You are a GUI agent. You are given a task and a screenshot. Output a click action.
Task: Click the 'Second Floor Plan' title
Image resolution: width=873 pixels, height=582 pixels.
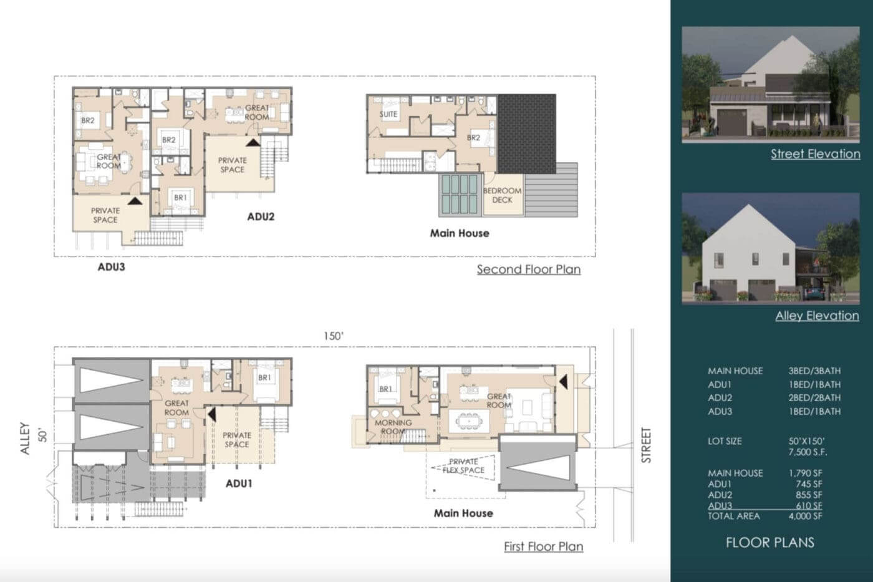click(x=529, y=269)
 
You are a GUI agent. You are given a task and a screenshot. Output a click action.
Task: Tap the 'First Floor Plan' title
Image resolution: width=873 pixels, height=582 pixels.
click(x=544, y=546)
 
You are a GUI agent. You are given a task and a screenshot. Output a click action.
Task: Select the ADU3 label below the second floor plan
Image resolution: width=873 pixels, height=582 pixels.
click(x=111, y=267)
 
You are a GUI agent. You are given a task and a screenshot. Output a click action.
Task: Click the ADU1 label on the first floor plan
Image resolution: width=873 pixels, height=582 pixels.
click(x=239, y=484)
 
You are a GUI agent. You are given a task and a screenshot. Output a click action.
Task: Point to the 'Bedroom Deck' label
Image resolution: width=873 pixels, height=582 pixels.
click(x=502, y=195)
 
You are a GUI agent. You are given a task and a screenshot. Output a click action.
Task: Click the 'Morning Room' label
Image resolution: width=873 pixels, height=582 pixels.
click(x=393, y=427)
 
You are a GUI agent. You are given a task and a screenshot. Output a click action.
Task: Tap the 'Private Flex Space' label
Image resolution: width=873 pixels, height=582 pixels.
click(x=463, y=466)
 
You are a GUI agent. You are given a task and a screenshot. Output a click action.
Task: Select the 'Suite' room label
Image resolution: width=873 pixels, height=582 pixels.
click(x=388, y=114)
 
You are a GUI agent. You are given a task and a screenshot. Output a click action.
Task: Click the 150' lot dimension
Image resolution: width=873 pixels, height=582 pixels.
click(x=334, y=336)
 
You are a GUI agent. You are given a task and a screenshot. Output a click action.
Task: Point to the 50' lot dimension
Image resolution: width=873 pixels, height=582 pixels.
click(x=42, y=436)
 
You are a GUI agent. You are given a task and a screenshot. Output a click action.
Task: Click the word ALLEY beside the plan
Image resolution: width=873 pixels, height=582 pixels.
click(x=25, y=439)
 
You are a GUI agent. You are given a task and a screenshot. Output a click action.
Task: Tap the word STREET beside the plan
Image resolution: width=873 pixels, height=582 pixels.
click(x=646, y=445)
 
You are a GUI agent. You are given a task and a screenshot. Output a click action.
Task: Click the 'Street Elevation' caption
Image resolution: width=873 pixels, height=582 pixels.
click(x=816, y=154)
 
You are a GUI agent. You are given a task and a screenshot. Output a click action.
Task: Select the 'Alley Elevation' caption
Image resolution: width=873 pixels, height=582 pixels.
click(x=817, y=316)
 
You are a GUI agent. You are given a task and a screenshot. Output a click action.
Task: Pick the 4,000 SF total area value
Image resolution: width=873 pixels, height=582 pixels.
click(x=805, y=516)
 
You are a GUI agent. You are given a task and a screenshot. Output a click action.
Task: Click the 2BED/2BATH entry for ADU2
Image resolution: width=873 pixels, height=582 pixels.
click(x=814, y=397)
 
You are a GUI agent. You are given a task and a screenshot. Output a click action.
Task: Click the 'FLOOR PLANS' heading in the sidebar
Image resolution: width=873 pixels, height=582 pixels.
click(x=770, y=543)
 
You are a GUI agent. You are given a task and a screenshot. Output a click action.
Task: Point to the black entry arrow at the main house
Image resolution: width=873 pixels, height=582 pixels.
click(x=564, y=382)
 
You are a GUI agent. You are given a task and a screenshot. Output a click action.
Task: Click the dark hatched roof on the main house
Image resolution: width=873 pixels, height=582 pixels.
click(x=526, y=133)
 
